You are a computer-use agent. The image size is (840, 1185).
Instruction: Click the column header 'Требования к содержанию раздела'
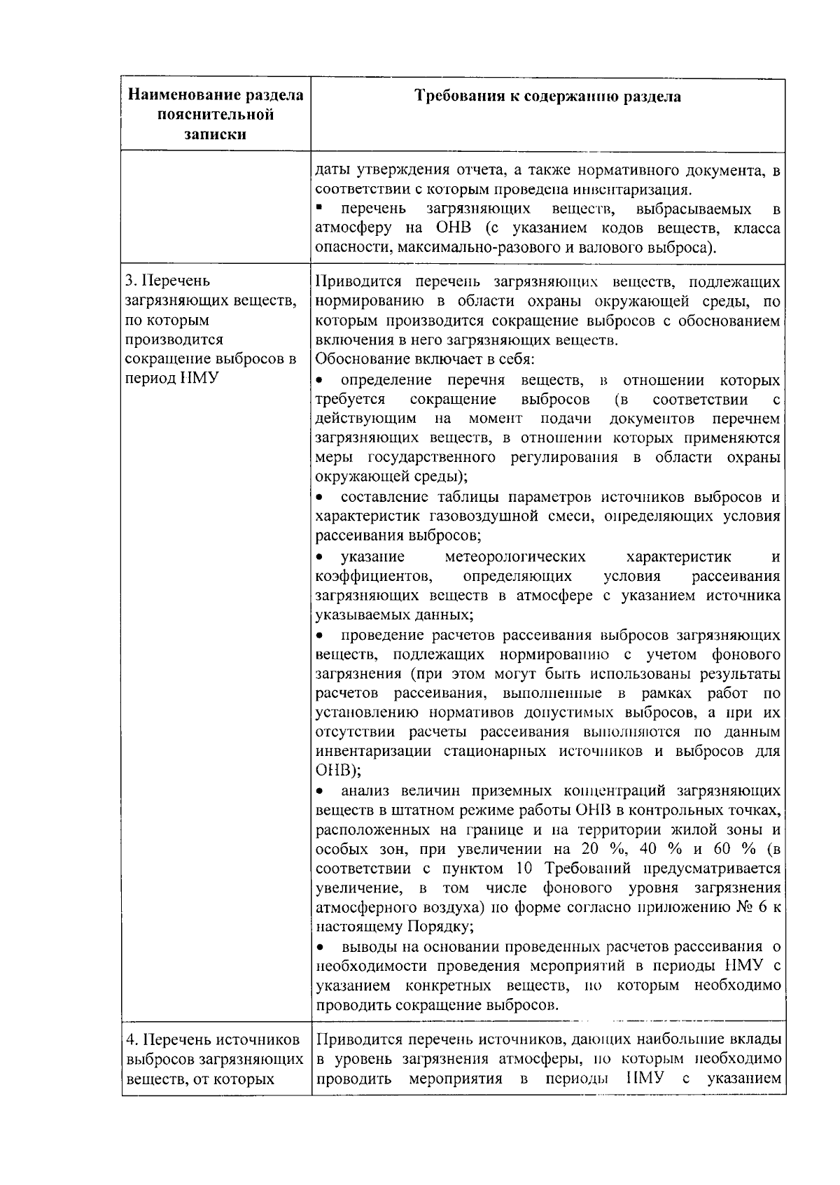548,96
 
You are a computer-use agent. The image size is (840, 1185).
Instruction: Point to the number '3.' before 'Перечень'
131,281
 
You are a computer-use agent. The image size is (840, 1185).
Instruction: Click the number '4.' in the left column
131,1040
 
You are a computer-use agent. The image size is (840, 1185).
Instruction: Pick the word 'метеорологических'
515,557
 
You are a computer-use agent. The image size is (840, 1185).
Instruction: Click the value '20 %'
597,850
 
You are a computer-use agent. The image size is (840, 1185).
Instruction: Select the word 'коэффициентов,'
372,577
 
